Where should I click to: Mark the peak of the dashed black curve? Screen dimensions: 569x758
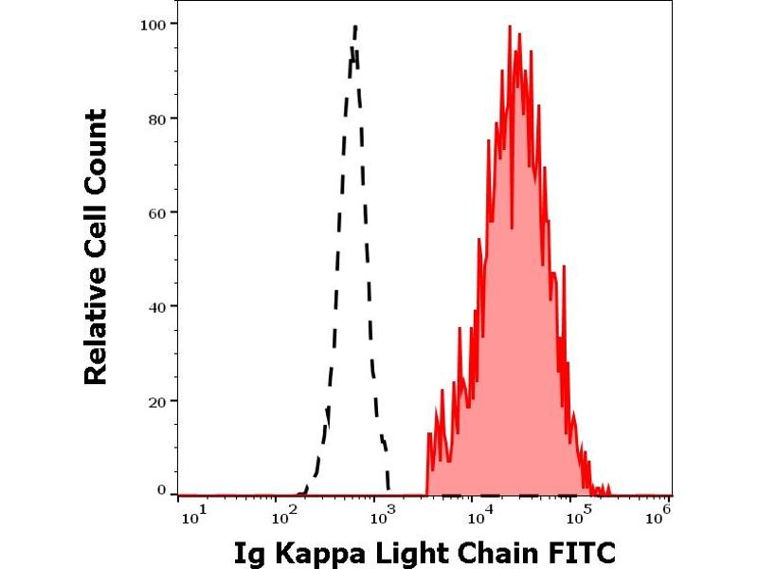tap(354, 27)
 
